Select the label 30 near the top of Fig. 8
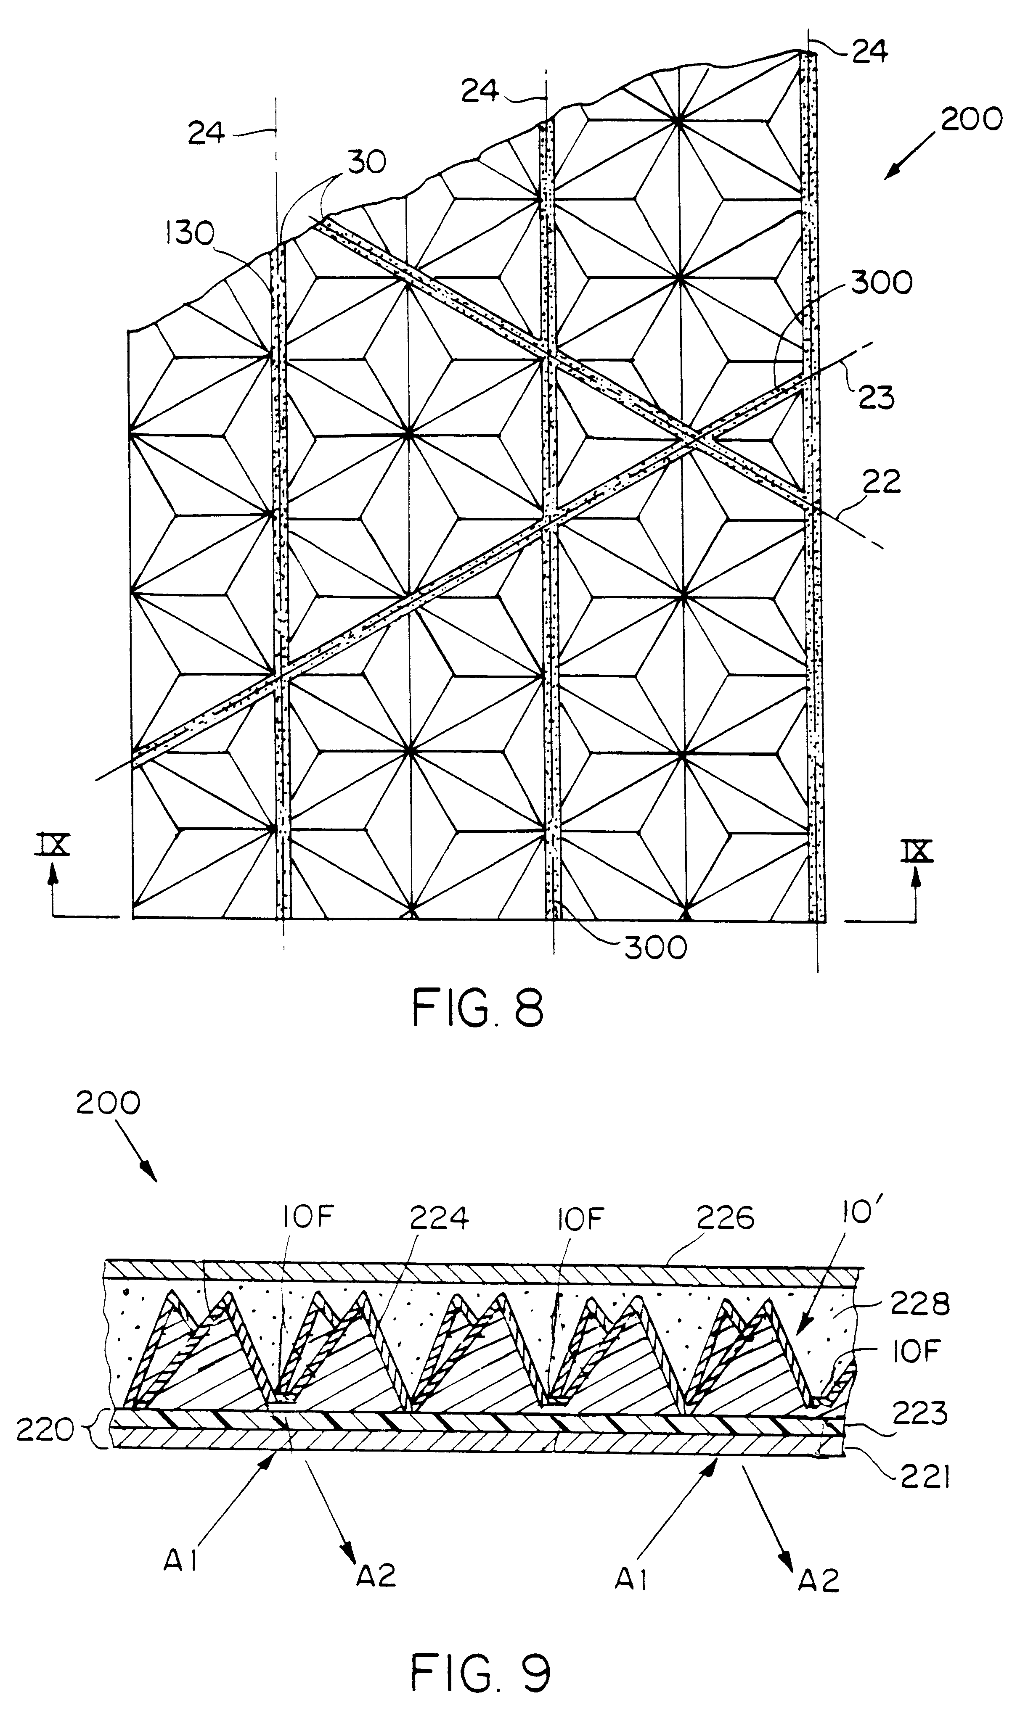pos(366,163)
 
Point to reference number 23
pos(876,398)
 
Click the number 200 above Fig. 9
pos(108,1103)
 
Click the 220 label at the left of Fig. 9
pos(45,1431)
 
